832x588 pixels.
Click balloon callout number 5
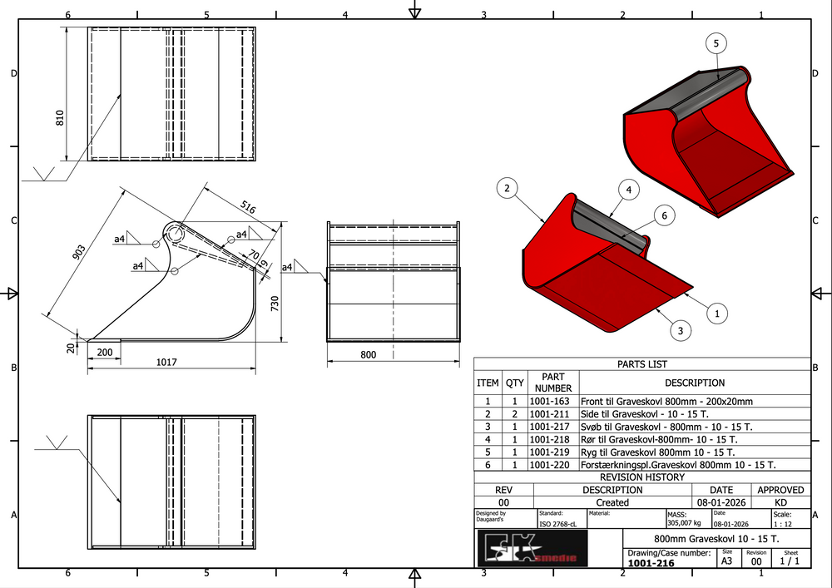(716, 43)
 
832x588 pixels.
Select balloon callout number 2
(506, 189)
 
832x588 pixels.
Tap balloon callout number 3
(681, 331)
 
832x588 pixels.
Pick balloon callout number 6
(663, 216)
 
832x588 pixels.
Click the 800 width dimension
(369, 355)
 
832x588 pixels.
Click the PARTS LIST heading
(641, 364)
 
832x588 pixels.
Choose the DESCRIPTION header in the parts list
(694, 383)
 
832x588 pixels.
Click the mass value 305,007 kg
(684, 524)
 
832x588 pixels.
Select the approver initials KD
(780, 502)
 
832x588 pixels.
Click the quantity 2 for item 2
(515, 414)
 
